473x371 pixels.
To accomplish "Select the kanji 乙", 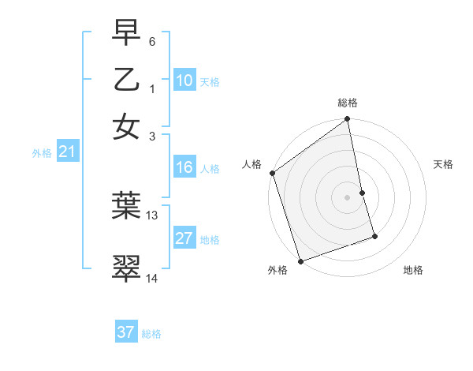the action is pos(126,81).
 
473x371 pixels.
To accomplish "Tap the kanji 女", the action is pos(126,127).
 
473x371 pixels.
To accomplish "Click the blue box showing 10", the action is pos(184,81).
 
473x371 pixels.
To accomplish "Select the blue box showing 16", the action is pos(184,167).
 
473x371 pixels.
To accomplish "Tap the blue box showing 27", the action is pos(184,238).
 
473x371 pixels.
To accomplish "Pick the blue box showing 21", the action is pos(67,152).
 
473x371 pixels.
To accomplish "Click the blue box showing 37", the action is pos(126,332).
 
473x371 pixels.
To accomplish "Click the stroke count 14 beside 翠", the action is pos(152,278).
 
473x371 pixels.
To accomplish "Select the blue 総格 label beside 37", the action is pos(151,334).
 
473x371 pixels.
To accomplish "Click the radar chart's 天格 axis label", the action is pos(443,164).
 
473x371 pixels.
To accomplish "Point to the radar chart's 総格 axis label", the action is pos(347,103).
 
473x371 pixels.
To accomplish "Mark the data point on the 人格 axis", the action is pos(272,173).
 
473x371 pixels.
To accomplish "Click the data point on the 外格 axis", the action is pos(300,260).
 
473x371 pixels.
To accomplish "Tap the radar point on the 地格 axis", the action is pos(374,236).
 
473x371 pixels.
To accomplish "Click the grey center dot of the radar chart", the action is pos(347,197).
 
